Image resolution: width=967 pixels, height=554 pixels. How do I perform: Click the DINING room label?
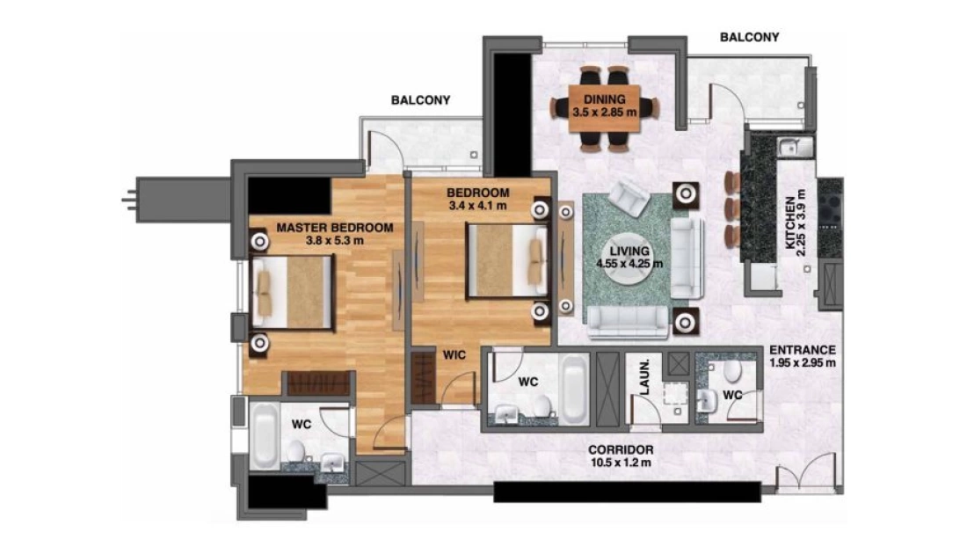click(x=605, y=99)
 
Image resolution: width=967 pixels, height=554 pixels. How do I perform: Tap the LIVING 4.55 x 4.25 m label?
click(x=629, y=258)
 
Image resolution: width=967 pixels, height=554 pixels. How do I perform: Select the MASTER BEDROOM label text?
click(x=335, y=228)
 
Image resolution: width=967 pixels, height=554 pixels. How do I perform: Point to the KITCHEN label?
click(x=789, y=223)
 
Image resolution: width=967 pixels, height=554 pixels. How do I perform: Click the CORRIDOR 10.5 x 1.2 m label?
click(x=621, y=456)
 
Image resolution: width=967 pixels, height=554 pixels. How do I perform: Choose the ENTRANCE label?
click(x=803, y=350)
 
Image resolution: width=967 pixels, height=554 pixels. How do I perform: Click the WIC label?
click(x=454, y=355)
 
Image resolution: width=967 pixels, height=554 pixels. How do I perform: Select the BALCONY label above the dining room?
click(x=749, y=37)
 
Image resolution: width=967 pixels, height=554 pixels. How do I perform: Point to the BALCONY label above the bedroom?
click(x=420, y=100)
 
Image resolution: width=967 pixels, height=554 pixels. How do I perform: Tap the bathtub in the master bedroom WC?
click(x=264, y=435)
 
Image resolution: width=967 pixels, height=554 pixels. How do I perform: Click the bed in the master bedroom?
click(x=292, y=292)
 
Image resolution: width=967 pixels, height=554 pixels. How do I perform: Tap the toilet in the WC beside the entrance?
click(x=732, y=372)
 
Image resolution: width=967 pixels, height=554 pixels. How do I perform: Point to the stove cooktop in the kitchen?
click(x=830, y=210)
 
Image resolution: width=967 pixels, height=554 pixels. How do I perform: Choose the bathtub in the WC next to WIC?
click(x=574, y=389)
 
